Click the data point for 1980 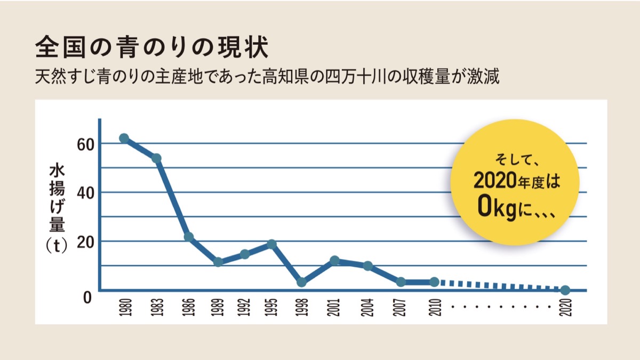point(124,138)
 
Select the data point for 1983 point(156,158)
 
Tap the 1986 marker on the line point(188,237)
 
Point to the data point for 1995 point(271,244)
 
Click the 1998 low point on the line point(302,282)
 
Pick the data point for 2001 point(334,260)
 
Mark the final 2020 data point point(565,290)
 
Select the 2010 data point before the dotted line point(434,282)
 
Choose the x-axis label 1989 point(218,308)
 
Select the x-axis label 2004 point(367,308)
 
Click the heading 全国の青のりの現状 point(151,48)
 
